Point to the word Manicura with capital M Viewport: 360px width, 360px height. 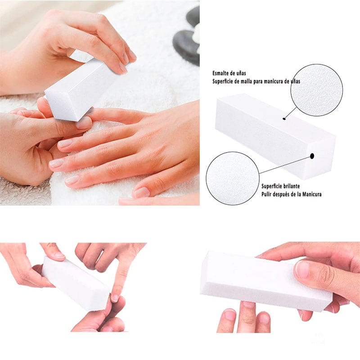pos(312,194)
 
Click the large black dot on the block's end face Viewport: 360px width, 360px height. pos(312,156)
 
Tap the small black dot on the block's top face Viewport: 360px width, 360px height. pos(284,119)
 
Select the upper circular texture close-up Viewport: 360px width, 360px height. pos(317,90)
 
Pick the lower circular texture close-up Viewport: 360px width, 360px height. pos(233,178)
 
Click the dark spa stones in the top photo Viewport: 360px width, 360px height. pos(188,38)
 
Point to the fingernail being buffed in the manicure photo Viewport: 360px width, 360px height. pos(84,123)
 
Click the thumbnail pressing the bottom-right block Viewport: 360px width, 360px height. pos(302,269)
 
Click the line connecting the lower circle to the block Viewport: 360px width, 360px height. pos(285,165)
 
